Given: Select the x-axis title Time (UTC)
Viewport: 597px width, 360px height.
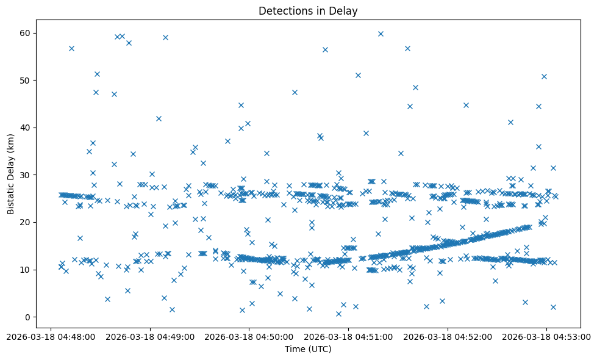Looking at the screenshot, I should tap(308, 349).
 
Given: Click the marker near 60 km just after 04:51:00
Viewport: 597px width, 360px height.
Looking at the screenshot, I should tap(381, 34).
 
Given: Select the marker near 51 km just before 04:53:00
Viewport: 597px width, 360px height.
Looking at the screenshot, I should tap(544, 76).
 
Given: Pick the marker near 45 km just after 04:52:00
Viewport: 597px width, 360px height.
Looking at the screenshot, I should tap(466, 105).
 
